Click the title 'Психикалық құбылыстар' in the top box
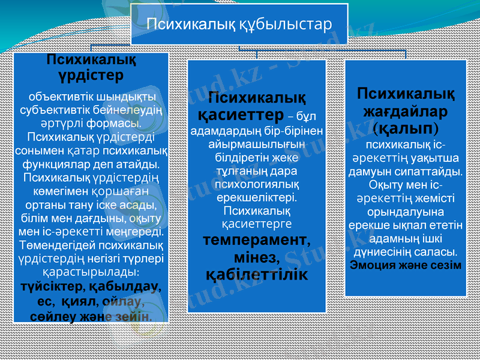pyautogui.click(x=239, y=25)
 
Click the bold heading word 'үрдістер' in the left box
pyautogui.click(x=91, y=76)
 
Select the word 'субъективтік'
pyautogui.click(x=56, y=110)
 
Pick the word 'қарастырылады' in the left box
pyautogui.click(x=89, y=272)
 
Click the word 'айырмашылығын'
pyautogui.click(x=257, y=145)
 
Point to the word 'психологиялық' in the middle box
pyautogui.click(x=257, y=184)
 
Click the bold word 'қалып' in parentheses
pyautogui.click(x=406, y=128)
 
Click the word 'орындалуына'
pyautogui.click(x=406, y=212)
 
